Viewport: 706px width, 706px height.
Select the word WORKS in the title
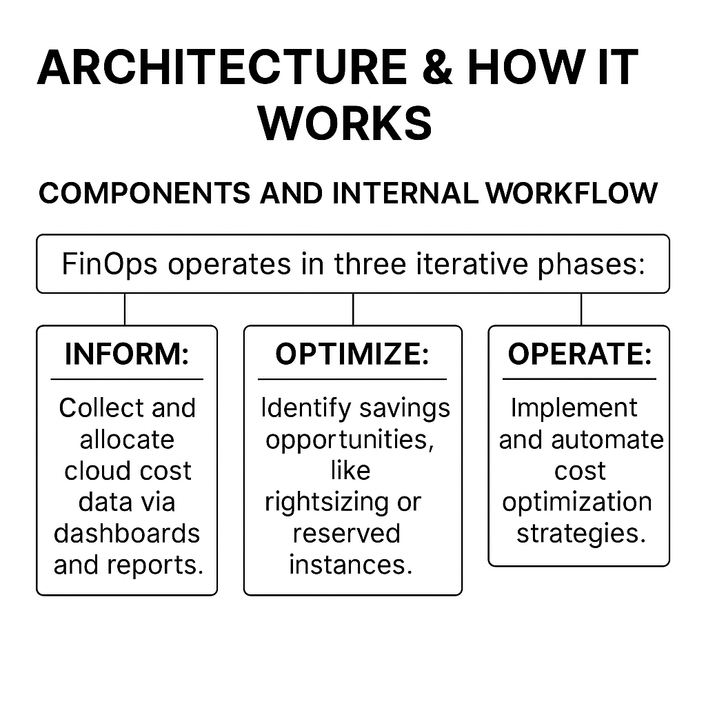pos(345,123)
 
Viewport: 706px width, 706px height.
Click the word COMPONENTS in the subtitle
pos(145,193)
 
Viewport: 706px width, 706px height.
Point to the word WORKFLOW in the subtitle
pos(572,193)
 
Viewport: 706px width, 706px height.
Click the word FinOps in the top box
pos(110,264)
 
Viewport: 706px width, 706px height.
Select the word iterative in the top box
pos(472,263)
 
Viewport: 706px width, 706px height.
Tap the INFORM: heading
pos(127,354)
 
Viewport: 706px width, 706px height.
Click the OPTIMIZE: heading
pos(352,354)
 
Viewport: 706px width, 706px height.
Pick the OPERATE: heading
pos(580,354)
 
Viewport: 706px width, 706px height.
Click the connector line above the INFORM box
pos(125,310)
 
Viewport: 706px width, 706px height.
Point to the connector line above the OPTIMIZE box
pos(353,310)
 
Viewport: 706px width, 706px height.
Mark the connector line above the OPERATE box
pos(581,310)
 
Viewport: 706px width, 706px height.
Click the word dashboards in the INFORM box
pos(127,534)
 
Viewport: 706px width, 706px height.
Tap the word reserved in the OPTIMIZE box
pos(347,534)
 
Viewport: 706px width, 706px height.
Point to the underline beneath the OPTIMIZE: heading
pos(352,379)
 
